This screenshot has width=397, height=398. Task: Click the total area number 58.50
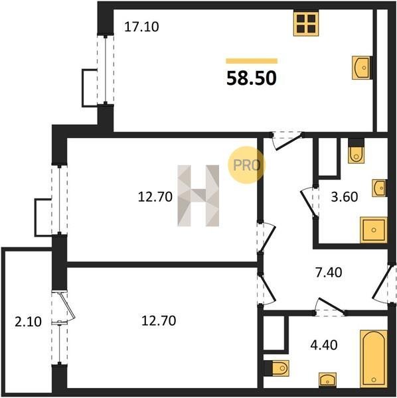coord(252,78)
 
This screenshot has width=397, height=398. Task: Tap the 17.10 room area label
coord(141,27)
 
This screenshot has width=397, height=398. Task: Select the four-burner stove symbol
coord(306,23)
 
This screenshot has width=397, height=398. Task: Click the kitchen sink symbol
coord(361,68)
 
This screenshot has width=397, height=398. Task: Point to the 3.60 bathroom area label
coord(345,197)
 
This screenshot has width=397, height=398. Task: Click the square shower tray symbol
coord(373,230)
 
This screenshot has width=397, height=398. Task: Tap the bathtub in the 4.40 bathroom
coord(374,359)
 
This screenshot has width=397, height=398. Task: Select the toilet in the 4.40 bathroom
coord(278,367)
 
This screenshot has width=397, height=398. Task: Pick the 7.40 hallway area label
coord(329,273)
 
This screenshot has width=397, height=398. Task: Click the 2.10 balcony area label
coord(28,322)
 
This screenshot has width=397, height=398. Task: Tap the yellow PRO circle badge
coord(246,165)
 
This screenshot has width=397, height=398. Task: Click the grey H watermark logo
coord(198,196)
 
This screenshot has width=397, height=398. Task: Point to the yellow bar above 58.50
coord(252,61)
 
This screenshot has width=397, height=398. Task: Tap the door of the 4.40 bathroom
coord(330,306)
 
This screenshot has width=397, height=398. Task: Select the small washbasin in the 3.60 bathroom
coord(380,188)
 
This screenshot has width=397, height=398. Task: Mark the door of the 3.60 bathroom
coord(309,202)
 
